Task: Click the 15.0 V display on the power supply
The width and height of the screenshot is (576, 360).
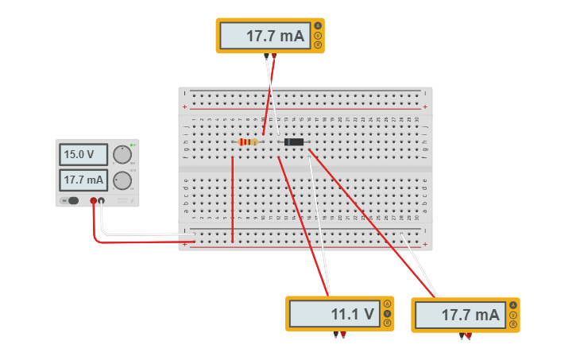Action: point(83,154)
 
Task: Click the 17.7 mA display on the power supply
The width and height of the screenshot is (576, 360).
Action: point(83,180)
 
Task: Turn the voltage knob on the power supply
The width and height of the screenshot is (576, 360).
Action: point(122,154)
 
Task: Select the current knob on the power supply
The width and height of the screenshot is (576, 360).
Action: point(122,180)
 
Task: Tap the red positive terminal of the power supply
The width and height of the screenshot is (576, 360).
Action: point(93,201)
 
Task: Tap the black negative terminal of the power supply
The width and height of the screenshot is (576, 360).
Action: point(101,201)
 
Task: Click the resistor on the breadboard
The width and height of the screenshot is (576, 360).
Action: point(248,142)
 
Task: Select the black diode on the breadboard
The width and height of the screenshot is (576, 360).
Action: point(294,141)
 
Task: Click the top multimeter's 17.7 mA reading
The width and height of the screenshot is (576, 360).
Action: point(265,36)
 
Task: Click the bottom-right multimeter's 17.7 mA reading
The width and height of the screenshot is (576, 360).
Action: point(459,315)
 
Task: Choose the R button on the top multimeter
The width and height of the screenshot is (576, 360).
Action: point(318,45)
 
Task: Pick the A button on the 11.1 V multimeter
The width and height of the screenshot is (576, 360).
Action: point(388,304)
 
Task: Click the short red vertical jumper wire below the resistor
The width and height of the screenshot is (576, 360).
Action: point(232,199)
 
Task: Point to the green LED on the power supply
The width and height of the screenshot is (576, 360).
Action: point(132,145)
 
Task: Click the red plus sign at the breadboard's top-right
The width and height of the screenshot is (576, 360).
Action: point(425,106)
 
